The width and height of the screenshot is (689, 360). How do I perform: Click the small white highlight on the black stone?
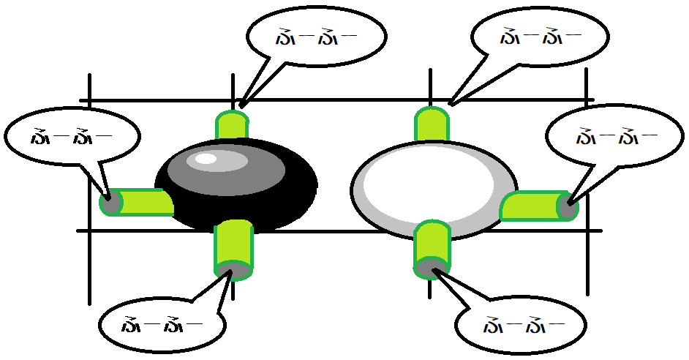207,159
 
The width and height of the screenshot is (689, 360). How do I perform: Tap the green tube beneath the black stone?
233,241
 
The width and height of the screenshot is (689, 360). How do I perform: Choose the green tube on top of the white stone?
432,124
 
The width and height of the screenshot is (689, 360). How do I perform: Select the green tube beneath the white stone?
432,241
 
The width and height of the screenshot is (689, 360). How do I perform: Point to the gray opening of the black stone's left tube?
110,203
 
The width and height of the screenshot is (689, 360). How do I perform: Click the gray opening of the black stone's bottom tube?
233,271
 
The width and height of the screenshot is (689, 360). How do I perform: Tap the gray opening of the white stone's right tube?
568,206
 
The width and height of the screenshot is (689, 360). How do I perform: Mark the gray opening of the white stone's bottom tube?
432,269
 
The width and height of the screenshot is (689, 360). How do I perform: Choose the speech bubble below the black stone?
161,324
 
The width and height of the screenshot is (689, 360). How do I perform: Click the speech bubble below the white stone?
520,323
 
